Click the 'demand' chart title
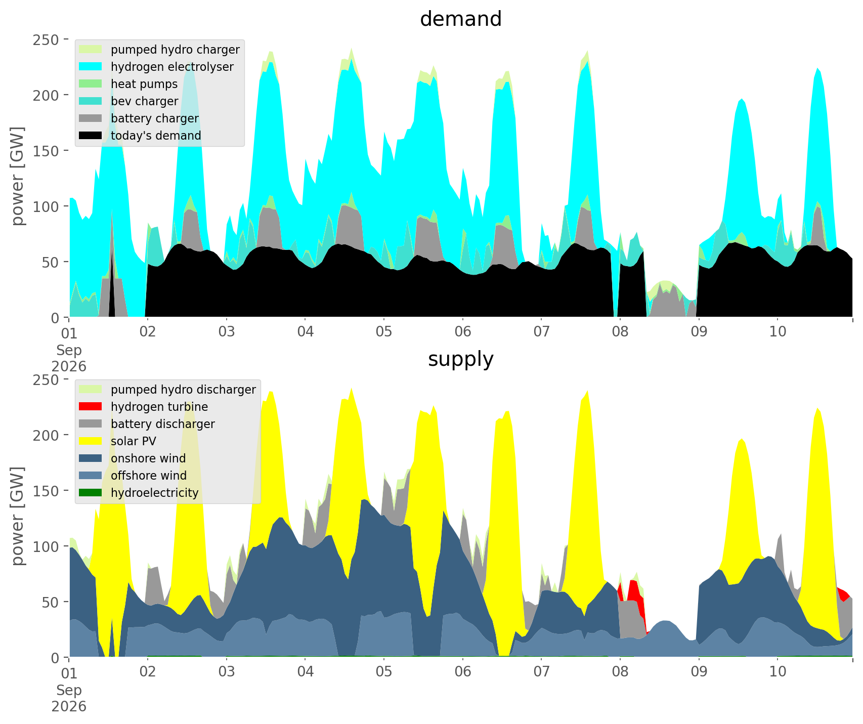tap(460, 19)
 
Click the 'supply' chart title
tap(460, 359)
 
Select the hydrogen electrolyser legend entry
tap(157, 67)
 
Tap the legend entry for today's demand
tap(141, 136)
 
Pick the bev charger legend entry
tap(129, 101)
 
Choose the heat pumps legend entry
tap(128, 84)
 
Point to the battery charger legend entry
tap(139, 118)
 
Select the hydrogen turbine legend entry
tap(144, 407)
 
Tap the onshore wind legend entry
tap(133, 458)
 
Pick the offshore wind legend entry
tap(133, 476)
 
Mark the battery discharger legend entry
tap(147, 424)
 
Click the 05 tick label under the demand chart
tap(384, 332)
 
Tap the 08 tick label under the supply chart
tap(620, 672)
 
